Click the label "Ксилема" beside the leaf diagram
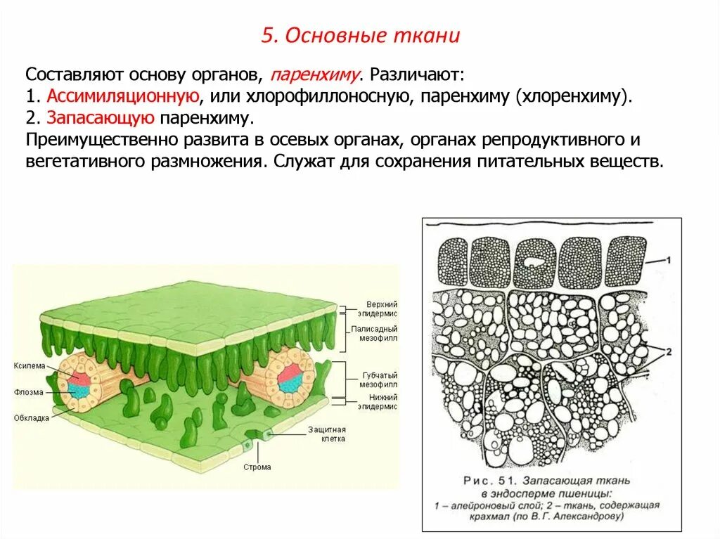point(29,366)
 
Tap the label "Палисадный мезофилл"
point(377,334)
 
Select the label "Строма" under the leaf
point(257,467)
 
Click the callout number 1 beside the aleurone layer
point(668,261)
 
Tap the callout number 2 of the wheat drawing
point(668,351)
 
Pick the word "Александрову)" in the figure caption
point(586,517)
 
